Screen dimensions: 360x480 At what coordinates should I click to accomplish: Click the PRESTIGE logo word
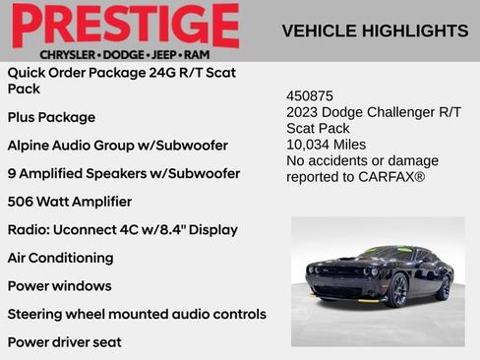coord(125,25)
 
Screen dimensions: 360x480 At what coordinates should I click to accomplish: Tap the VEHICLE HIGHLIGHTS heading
coord(375,30)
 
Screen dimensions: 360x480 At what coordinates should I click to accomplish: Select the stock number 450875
coord(310,96)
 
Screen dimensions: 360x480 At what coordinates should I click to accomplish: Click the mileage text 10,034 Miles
coord(326,145)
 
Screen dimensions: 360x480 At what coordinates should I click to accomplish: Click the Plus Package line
coord(51,117)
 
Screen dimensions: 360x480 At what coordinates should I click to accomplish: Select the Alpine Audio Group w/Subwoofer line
coord(117,146)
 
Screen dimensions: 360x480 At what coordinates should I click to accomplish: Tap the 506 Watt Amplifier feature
coord(69,202)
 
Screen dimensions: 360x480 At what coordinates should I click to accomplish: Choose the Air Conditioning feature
coord(60,258)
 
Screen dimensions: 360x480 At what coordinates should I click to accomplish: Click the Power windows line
coord(59,286)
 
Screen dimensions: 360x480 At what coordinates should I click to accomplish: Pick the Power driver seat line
coord(64,342)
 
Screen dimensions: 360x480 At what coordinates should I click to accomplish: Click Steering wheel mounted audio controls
coord(137,315)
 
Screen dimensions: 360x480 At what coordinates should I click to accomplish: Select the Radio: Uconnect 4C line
coord(122,230)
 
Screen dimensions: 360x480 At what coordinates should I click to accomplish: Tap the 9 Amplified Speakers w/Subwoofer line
coord(123,174)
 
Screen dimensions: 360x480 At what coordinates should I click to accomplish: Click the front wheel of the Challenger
coord(398,290)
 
